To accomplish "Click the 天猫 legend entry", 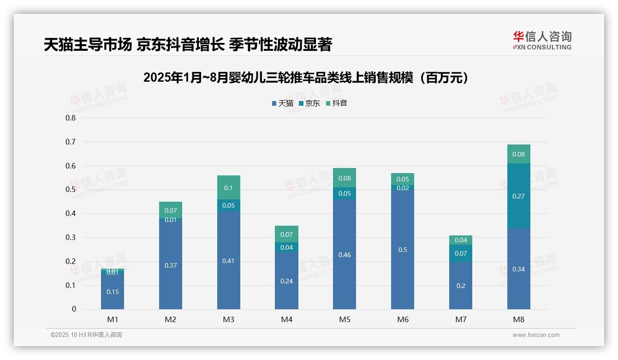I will [282, 103].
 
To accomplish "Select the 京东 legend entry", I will [309, 103].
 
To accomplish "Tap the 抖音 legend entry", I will [337, 103].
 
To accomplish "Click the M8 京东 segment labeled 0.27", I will [518, 196].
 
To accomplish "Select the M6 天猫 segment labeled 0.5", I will [403, 249].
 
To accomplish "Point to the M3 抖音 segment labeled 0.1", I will [229, 187].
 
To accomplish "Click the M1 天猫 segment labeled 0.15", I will [113, 291].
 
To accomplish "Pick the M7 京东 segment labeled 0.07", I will [461, 253].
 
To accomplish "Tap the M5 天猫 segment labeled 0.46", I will [345, 254].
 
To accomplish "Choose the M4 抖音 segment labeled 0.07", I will [286, 234].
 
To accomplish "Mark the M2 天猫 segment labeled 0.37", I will [171, 265].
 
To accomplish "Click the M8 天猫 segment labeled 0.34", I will [518, 269].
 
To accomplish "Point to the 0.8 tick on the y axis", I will [71, 118].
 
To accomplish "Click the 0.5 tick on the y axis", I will [71, 190].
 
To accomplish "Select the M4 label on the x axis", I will [286, 319].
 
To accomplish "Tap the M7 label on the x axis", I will [461, 319].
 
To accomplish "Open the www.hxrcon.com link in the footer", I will [536, 335].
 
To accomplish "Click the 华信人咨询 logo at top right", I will [542, 40].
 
